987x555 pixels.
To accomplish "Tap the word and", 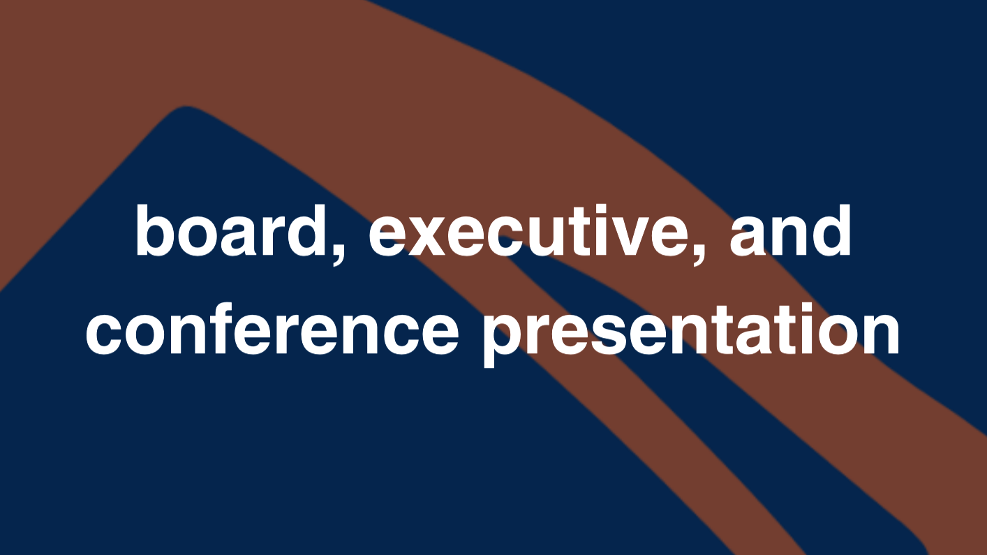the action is click(790, 230).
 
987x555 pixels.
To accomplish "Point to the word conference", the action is click(272, 329).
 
